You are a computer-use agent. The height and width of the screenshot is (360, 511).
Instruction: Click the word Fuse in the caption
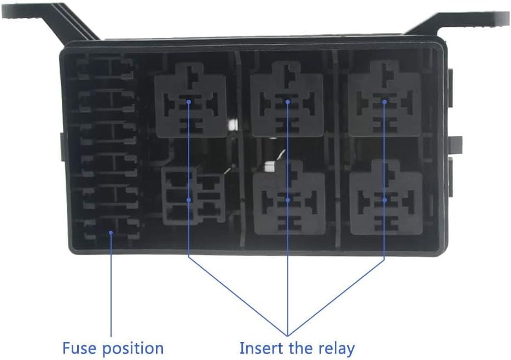coord(79,348)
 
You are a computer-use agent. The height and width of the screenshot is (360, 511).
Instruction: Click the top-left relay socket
coord(190,99)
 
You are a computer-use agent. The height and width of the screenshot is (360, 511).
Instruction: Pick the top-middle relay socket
coord(287,99)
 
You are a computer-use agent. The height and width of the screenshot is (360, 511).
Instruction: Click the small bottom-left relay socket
coord(193,196)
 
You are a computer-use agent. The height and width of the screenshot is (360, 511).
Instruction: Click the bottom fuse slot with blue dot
coord(111,232)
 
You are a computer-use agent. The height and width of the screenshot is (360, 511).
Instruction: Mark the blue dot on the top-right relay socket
coord(385,101)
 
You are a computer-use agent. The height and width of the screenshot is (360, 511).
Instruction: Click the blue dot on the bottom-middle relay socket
coord(288,200)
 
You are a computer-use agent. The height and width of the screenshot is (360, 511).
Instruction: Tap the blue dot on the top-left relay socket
coord(189,101)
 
